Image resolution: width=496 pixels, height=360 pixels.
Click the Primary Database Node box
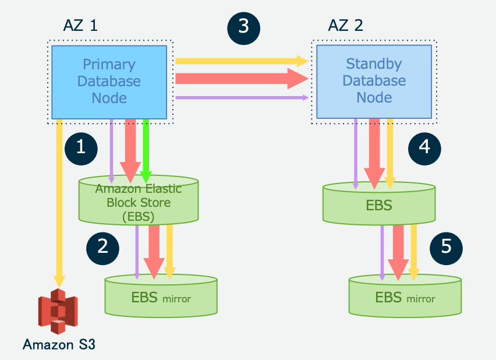(x=109, y=81)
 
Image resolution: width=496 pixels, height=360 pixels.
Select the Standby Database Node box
(x=374, y=81)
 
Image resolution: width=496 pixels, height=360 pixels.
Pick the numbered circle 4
(x=424, y=146)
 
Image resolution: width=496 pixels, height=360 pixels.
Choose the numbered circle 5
(x=447, y=246)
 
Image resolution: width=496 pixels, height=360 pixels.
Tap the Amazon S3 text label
(x=58, y=344)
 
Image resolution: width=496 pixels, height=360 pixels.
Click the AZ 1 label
(x=81, y=26)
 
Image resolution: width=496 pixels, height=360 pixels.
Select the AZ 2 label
(x=346, y=26)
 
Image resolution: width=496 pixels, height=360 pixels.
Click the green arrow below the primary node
(x=146, y=149)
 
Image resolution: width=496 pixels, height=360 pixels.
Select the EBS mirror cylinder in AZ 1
(x=161, y=297)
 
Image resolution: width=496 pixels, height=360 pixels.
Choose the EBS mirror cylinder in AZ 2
(x=405, y=297)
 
